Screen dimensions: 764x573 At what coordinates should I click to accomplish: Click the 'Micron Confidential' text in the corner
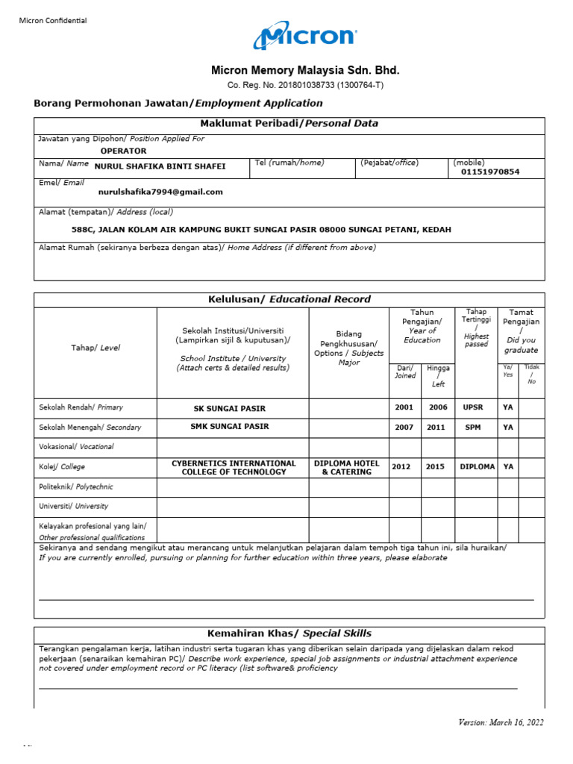point(53,21)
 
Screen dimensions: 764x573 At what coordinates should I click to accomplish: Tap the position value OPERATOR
point(123,151)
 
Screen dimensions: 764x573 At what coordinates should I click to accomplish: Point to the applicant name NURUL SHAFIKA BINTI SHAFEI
point(160,166)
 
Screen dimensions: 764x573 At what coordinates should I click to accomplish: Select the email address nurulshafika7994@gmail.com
point(160,192)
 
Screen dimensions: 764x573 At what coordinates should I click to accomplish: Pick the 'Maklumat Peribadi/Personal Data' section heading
point(289,124)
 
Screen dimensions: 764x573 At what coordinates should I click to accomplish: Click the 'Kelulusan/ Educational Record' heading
point(289,299)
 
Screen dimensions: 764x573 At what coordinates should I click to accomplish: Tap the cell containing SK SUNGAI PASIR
point(229,408)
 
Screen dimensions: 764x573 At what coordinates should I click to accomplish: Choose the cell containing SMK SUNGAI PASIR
point(229,427)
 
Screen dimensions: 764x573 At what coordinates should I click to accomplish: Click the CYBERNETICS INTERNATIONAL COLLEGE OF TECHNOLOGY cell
point(233,467)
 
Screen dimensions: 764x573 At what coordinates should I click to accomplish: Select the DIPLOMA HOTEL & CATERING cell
point(346,467)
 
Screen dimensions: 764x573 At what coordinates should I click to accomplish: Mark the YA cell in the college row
point(508,467)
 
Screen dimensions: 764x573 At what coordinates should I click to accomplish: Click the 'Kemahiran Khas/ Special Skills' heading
point(289,633)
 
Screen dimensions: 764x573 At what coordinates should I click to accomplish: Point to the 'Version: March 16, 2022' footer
point(501,722)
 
